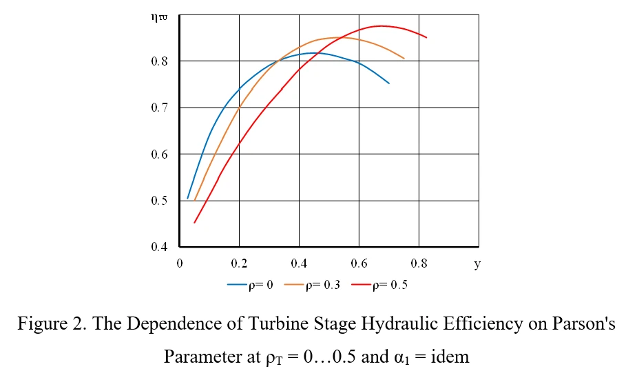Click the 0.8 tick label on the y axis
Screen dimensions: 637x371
click(159, 61)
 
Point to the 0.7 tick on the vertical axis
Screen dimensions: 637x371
click(159, 108)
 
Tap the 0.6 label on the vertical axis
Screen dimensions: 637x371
click(159, 154)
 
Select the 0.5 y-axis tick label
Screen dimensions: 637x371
click(159, 201)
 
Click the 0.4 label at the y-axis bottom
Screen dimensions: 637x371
click(159, 246)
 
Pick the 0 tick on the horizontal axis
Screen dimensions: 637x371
click(180, 263)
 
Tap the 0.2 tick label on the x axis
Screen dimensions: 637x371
click(239, 263)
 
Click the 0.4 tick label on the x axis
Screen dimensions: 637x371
click(299, 263)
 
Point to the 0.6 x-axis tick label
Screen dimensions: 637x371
click(359, 263)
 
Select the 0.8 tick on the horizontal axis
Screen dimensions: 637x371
click(419, 263)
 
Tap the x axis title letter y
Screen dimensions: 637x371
click(477, 264)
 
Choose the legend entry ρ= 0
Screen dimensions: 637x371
click(250, 285)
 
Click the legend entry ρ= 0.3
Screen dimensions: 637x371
click(312, 285)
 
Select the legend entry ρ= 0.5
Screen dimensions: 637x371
click(379, 285)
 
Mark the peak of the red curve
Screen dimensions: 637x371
click(381, 26)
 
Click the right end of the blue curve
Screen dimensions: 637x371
click(389, 83)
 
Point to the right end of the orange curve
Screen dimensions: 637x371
click(404, 58)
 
